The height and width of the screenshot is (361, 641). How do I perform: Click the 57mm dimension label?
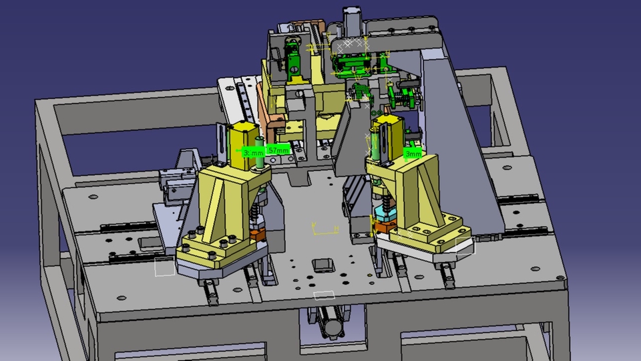pos(278,150)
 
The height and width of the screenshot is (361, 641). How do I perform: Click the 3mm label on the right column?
pos(413,154)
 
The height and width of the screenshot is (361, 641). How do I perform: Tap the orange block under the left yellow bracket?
pos(257,235)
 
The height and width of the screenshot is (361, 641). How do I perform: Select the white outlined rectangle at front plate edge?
pos(325,295)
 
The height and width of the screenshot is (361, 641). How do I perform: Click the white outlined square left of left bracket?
pos(165,267)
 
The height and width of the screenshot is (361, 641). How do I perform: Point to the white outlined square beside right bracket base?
pos(464,245)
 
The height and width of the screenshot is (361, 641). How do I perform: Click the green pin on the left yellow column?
pos(258,148)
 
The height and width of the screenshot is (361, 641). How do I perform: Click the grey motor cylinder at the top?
pos(352,20)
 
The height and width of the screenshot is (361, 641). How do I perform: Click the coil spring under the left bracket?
pos(256,214)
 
